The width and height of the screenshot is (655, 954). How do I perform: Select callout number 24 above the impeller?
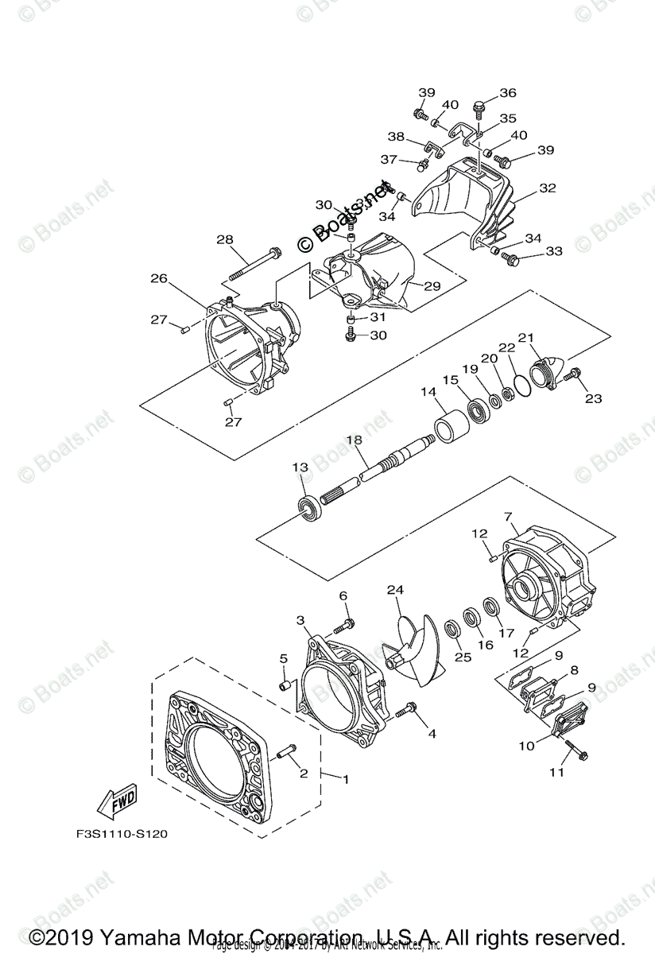pyautogui.click(x=396, y=590)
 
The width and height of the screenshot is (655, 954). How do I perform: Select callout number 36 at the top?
pyautogui.click(x=507, y=93)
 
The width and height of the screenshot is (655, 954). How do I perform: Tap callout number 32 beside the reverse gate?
pyautogui.click(x=547, y=189)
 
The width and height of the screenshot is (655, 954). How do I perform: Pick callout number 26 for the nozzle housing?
pyautogui.click(x=159, y=278)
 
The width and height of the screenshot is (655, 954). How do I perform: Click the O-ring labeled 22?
pyautogui.click(x=521, y=384)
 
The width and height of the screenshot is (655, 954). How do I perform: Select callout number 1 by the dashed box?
pyautogui.click(x=346, y=780)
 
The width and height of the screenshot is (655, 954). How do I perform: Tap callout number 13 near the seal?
pyautogui.click(x=300, y=468)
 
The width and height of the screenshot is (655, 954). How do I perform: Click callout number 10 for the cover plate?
pyautogui.click(x=527, y=746)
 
